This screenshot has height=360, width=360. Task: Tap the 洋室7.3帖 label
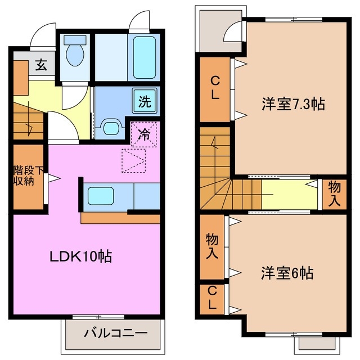[293, 104]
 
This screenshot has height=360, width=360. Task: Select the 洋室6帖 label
[286, 274]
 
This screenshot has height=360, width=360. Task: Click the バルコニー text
[115, 333]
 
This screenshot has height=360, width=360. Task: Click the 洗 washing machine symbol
[145, 102]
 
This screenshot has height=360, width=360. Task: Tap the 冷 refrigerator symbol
[145, 134]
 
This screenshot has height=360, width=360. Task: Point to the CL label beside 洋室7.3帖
[215, 89]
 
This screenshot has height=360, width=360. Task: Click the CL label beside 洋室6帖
[211, 299]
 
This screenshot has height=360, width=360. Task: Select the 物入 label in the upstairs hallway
[334, 193]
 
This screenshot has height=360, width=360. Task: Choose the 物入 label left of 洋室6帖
[212, 246]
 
